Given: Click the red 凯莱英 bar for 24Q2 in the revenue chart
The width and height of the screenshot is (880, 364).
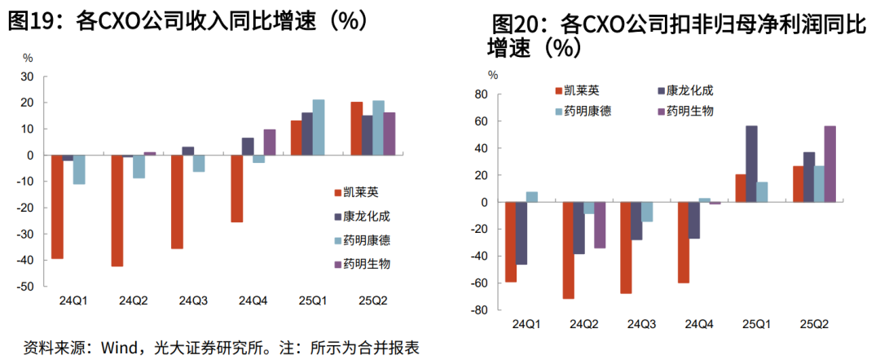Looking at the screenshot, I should tap(117, 210).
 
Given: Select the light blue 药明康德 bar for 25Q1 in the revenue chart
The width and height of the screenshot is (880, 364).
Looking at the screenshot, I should tap(319, 127).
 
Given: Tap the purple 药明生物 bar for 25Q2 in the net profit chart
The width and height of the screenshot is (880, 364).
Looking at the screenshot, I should tap(829, 164).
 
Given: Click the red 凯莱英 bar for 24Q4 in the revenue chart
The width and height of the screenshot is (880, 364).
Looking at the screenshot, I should tap(237, 188).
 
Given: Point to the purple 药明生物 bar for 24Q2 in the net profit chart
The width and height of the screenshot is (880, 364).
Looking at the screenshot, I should tap(600, 225).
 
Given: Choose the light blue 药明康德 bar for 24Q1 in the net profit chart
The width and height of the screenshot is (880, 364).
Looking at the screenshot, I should tap(531, 196).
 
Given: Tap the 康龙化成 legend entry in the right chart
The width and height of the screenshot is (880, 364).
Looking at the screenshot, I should tap(689, 90).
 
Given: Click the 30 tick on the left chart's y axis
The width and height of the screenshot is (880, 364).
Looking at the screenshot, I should tap(27, 77).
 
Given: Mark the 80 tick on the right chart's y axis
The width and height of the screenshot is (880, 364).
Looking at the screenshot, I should tap(480, 94).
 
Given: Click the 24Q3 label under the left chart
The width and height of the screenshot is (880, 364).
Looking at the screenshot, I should tap(193, 301).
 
